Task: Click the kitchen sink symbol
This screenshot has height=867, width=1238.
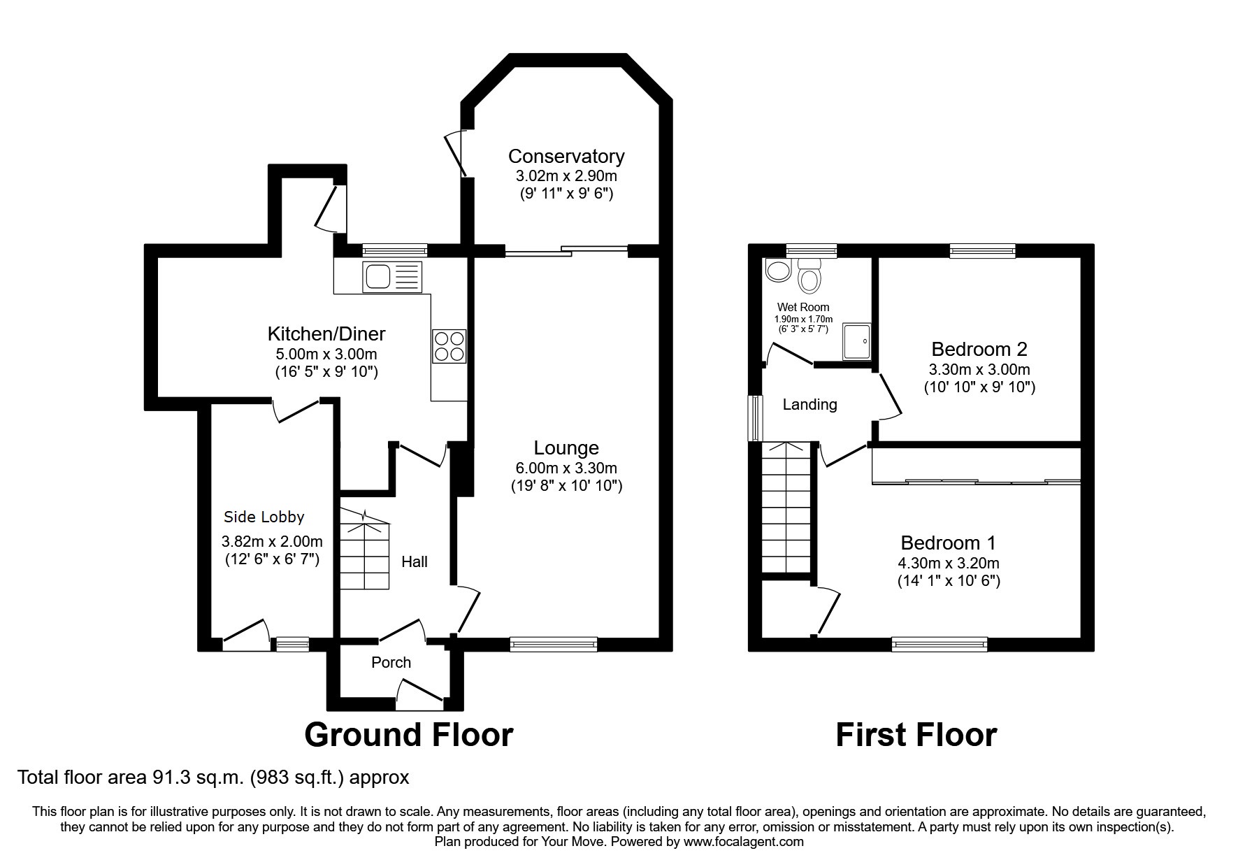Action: pos(392,277)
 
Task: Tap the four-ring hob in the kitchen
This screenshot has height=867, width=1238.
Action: pos(449,346)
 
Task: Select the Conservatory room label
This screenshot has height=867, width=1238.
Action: pos(566,156)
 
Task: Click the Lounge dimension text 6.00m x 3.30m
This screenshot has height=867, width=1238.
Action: pos(566,468)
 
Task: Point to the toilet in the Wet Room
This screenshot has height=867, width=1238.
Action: pos(809,275)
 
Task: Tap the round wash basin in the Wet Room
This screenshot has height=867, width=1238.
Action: pos(777,270)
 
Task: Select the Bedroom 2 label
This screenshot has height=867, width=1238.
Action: pos(979,349)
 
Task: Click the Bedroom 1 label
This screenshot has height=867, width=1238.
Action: pos(948,543)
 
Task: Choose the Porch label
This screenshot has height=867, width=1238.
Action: pos(391,662)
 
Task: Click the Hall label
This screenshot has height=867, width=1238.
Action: pos(414,561)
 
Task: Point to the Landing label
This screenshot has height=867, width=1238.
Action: pos(809,404)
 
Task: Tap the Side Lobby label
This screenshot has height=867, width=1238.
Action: pos(264,517)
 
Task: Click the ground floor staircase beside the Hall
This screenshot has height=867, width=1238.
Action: pos(364,552)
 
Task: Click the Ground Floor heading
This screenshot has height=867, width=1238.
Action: pos(408,735)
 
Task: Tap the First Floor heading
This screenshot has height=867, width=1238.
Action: pos(916,735)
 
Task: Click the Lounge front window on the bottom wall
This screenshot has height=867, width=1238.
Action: pos(554,644)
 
